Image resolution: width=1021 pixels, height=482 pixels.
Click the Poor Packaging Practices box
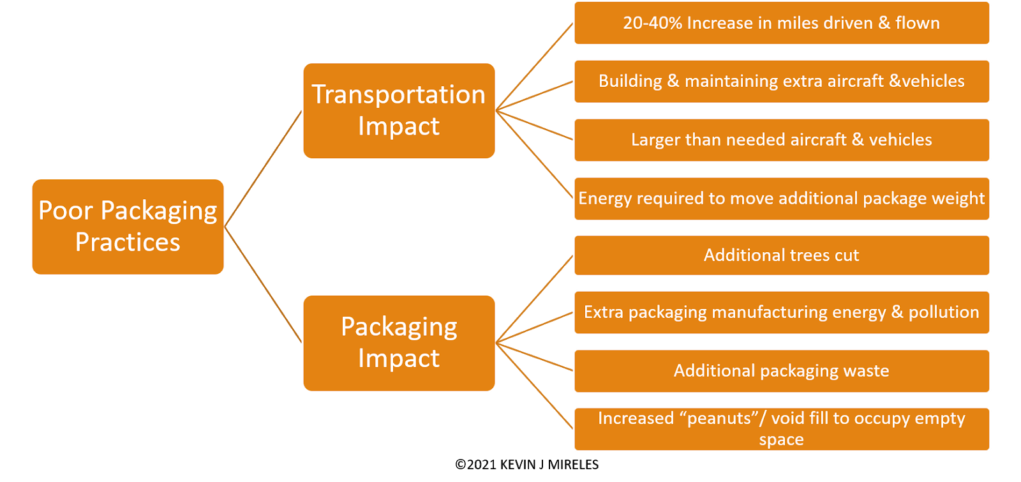pos(128,227)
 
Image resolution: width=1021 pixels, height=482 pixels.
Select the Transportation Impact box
pos(399,110)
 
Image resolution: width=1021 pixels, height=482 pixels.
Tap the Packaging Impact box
pos(399,343)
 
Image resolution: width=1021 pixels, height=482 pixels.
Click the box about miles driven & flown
pos(781,24)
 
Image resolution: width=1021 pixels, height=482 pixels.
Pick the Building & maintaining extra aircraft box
pos(781,82)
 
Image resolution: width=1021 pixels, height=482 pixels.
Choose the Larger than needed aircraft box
pos(781,140)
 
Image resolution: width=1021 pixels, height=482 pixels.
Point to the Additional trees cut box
pos(781,255)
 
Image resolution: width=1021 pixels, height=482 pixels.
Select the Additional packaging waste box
pos(781,371)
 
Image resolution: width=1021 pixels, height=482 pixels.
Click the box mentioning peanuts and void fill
pos(781,429)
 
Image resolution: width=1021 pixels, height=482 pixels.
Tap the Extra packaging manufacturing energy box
pos(781,312)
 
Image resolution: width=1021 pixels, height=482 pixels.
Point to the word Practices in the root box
pos(128,243)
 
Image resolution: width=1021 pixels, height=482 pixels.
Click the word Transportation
pos(399,94)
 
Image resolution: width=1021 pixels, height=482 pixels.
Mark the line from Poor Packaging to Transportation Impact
pos(263,169)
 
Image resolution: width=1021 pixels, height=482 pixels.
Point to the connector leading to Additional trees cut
pos(535,299)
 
